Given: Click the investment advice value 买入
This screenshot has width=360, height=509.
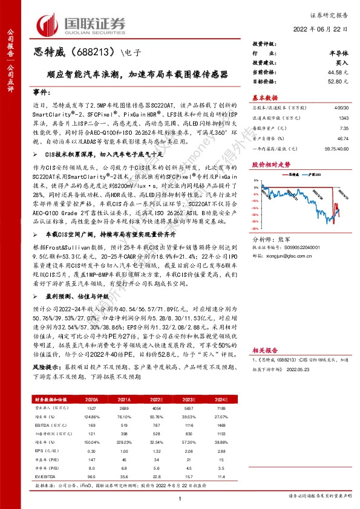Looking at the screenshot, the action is click(341, 63).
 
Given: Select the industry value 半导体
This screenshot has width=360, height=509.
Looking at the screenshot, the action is click(338, 54).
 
